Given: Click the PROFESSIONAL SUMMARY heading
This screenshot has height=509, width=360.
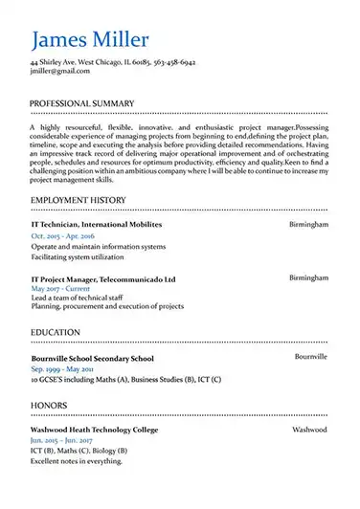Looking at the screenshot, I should click(x=82, y=102).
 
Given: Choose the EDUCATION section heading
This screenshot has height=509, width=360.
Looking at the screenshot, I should click(x=56, y=332).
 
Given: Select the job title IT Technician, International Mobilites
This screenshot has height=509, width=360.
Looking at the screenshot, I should click(x=97, y=224).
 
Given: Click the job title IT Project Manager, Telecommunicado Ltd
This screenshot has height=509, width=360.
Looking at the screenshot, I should click(x=103, y=279).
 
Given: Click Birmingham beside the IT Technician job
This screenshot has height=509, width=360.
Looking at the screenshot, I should click(x=308, y=224).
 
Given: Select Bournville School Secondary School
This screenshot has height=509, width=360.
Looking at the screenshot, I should click(x=92, y=359).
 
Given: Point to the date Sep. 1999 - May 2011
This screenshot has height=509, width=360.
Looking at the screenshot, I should click(x=62, y=369).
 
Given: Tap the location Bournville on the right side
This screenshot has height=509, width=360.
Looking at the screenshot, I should click(x=311, y=357).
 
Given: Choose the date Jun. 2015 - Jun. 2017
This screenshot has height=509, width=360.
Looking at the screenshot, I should click(x=61, y=442).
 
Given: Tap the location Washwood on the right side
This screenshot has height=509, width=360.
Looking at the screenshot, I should click(x=310, y=432).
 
